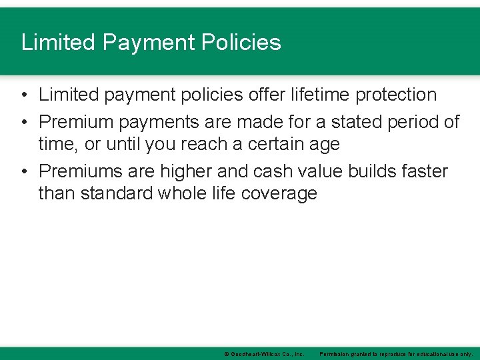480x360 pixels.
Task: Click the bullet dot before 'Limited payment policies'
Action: pyautogui.click(x=23, y=95)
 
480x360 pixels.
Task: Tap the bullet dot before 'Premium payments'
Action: pyautogui.click(x=23, y=122)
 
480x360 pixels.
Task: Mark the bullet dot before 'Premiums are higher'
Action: pyautogui.click(x=23, y=171)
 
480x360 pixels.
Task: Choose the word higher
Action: pyautogui.click(x=189, y=171)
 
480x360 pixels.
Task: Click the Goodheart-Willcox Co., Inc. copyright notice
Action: pyautogui.click(x=264, y=354)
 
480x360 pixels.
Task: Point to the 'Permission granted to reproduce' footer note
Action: pyautogui.click(x=396, y=354)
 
